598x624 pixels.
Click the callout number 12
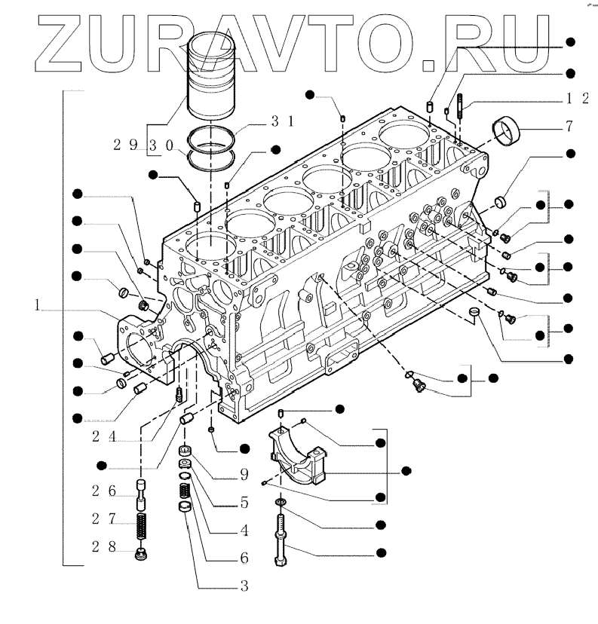[578, 99]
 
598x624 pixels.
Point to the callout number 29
[127, 144]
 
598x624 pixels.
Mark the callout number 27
[103, 518]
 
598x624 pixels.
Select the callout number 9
[244, 475]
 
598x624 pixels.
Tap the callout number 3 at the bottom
[244, 585]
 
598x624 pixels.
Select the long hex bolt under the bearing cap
[281, 539]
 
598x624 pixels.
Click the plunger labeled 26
[140, 491]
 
